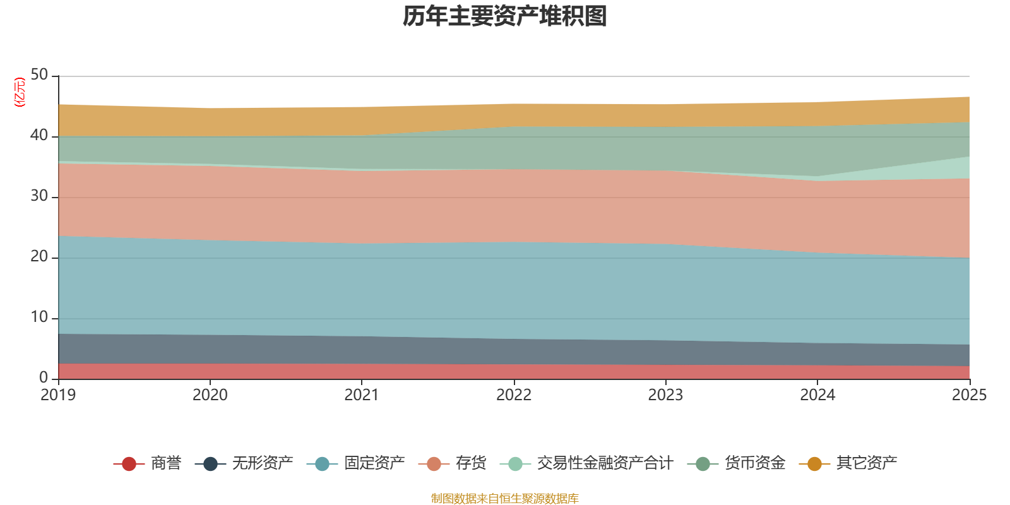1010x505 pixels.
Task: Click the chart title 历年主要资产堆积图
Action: click(x=504, y=16)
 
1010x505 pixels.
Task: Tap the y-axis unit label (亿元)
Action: click(x=20, y=92)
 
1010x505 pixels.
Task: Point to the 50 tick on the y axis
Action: click(x=39, y=75)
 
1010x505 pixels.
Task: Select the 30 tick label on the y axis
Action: click(x=39, y=196)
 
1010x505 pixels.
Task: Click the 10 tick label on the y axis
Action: click(x=39, y=318)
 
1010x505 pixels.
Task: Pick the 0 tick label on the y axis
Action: click(x=44, y=377)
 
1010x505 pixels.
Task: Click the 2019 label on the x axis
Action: click(x=58, y=395)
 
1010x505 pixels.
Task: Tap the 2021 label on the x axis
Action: click(x=362, y=395)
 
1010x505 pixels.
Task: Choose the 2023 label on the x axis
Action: click(x=665, y=395)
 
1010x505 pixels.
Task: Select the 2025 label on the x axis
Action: click(x=970, y=395)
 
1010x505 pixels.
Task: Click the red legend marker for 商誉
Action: click(x=129, y=463)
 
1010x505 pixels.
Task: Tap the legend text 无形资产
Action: click(x=263, y=463)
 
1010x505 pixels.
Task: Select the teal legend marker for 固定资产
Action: click(x=322, y=463)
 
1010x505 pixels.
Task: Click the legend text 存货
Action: click(x=471, y=463)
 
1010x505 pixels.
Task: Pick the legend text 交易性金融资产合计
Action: click(x=605, y=463)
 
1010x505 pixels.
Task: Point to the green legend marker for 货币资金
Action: click(x=703, y=463)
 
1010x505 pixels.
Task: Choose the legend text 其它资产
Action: click(x=867, y=463)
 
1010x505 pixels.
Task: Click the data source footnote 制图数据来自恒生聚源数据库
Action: click(x=504, y=498)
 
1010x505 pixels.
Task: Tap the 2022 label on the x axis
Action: click(x=514, y=395)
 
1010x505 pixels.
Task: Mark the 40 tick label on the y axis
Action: click(x=39, y=135)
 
